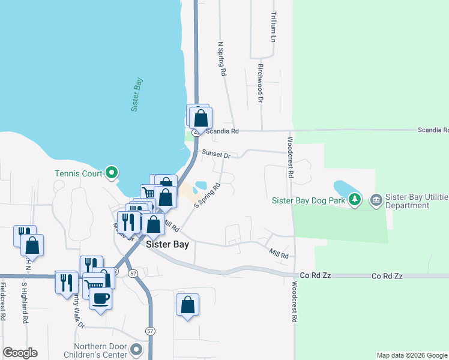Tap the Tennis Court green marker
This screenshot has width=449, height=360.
pyautogui.click(x=112, y=173)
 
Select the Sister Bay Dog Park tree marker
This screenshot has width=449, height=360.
pyautogui.click(x=355, y=199)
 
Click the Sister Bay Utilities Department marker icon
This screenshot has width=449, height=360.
pyautogui.click(x=376, y=199)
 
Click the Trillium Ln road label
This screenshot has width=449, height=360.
pyautogui.click(x=273, y=26)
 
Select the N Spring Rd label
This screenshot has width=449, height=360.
pyautogui.click(x=222, y=58)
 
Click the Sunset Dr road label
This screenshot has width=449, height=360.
pyautogui.click(x=216, y=155)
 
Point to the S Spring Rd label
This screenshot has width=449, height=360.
pyautogui.click(x=208, y=196)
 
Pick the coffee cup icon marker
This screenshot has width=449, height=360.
pyautogui.click(x=100, y=298)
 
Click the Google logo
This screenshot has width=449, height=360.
pyautogui.click(x=20, y=353)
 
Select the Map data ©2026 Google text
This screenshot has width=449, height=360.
pyautogui.click(x=412, y=355)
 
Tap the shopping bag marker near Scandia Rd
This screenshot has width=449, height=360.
pyautogui.click(x=200, y=116)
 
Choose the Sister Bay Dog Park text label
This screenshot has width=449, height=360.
pyautogui.click(x=309, y=200)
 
